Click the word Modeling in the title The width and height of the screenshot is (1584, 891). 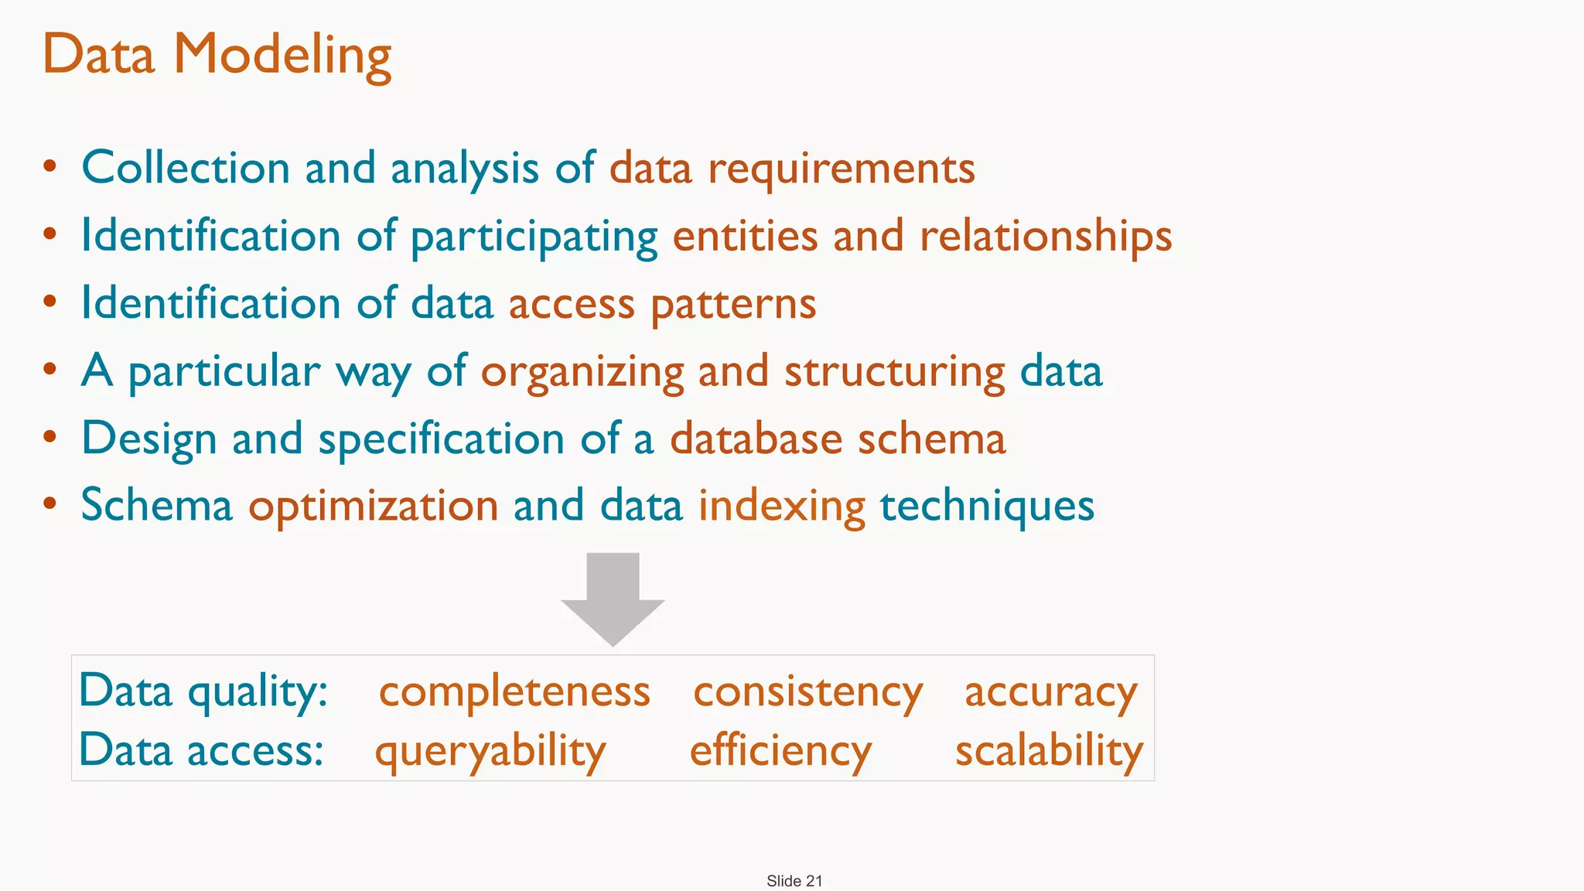pos(282,56)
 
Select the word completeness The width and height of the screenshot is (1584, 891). pos(514,691)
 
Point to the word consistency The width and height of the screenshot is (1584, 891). pos(807,691)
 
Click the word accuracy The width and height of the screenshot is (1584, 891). pos(1050,691)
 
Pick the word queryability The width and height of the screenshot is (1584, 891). pos(490,751)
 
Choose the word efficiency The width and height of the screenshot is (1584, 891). pos(780,751)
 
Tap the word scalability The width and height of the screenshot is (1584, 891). pos(1049,751)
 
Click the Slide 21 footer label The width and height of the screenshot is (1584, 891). pos(794,881)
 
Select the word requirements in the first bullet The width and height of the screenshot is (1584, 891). pos(841,169)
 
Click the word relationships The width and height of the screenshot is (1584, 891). pos(1046,236)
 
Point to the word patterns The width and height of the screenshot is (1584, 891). pos(733,304)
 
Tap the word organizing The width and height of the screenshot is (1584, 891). pos(582,372)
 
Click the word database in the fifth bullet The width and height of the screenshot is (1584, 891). pos(756,439)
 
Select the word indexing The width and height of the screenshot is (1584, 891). pos(781,507)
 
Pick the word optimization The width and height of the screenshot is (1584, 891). pos(373,507)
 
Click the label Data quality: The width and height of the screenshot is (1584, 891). pos(203,691)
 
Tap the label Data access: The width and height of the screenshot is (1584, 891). pos(201,750)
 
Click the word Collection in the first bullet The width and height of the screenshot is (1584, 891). pos(186,168)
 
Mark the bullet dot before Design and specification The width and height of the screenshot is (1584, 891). pos(50,437)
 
